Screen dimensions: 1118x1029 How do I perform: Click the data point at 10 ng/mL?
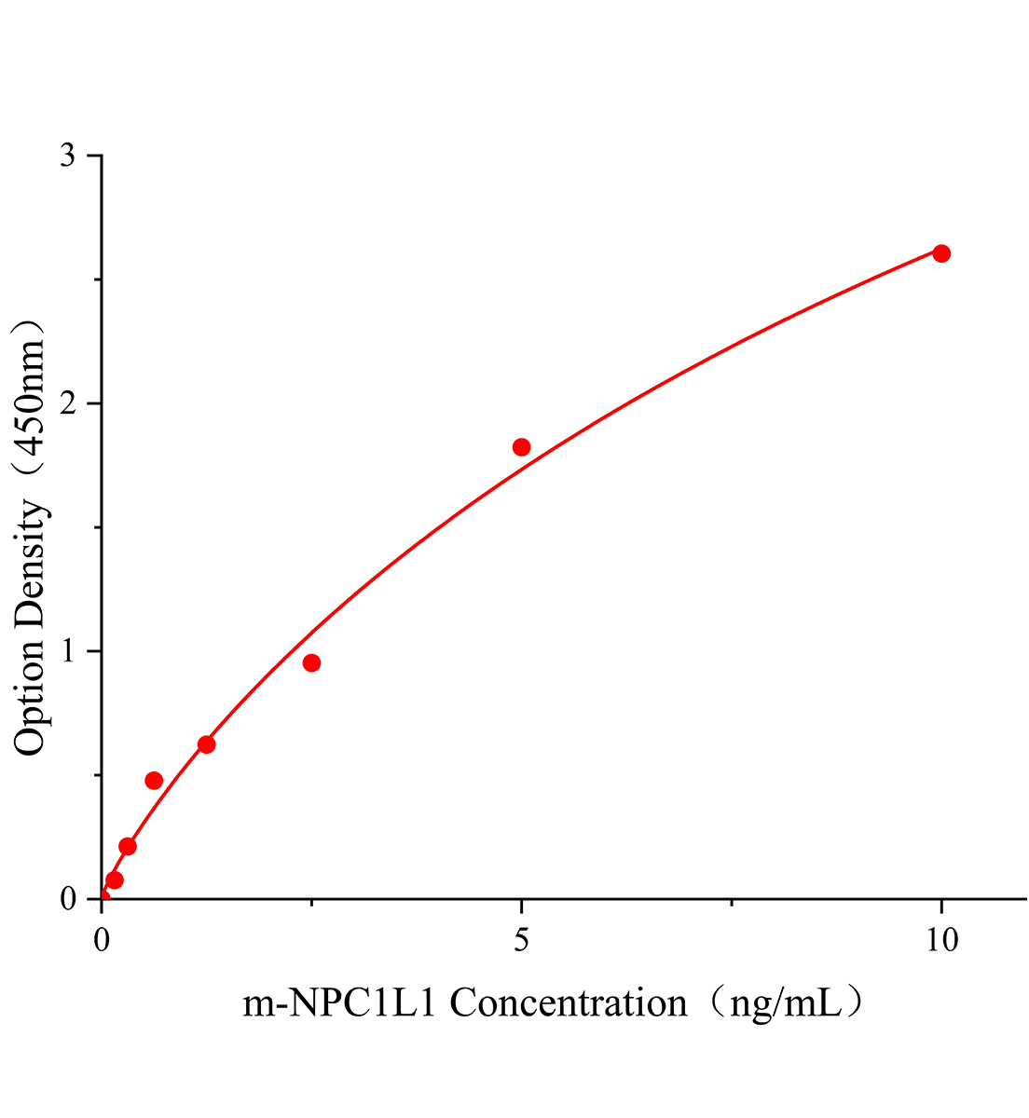coord(941,253)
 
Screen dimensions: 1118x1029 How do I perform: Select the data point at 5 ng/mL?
coord(521,447)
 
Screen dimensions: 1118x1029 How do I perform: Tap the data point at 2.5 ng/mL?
coord(311,662)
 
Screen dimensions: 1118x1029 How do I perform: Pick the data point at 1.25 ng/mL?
coord(207,744)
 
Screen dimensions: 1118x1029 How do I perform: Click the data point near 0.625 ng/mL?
coord(154,780)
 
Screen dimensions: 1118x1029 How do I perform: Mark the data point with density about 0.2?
coord(128,846)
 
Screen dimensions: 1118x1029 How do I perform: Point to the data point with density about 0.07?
coord(115,880)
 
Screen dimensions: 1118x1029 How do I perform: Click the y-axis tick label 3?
coord(68,156)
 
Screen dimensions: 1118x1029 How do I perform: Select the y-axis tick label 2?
coord(68,403)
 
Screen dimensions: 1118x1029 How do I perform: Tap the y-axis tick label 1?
coord(68,651)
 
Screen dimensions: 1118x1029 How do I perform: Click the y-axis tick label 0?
coord(68,899)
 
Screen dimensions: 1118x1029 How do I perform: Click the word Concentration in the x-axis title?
coord(569,1003)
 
